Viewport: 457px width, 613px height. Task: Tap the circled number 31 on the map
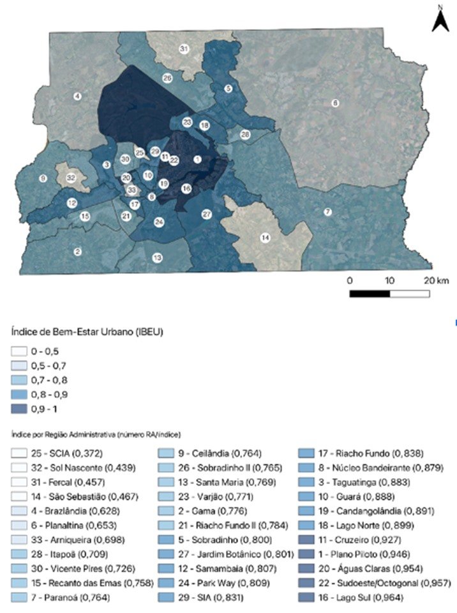[x=184, y=49]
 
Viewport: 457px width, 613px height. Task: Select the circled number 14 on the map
[x=264, y=238]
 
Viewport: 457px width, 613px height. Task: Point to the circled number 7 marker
[x=327, y=211]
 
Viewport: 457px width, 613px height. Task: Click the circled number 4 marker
[x=77, y=96]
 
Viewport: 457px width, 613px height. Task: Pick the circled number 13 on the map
[x=156, y=257]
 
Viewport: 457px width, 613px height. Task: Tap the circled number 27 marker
[x=207, y=213]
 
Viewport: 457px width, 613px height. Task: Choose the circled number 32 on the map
[x=71, y=177]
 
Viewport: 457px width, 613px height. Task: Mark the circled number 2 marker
[x=77, y=252]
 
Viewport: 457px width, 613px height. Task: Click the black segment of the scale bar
[x=370, y=294]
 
